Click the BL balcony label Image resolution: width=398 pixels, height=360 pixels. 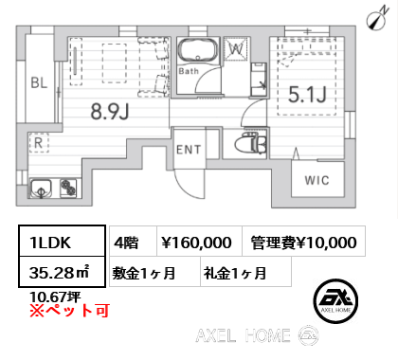(x=39, y=82)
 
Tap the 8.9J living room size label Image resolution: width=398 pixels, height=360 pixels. (x=110, y=112)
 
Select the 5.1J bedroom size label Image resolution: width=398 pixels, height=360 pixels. (x=307, y=95)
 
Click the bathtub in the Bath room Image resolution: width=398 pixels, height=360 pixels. (x=198, y=50)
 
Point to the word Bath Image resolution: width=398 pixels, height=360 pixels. (x=189, y=71)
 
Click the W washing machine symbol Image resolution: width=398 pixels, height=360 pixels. (x=236, y=48)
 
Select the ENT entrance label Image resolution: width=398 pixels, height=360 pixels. (x=189, y=150)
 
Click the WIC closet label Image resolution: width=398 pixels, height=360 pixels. (x=317, y=180)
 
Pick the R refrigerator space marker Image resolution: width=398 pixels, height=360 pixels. (x=39, y=143)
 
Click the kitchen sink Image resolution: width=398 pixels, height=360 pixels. (x=41, y=189)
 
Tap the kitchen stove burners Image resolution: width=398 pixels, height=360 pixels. (x=68, y=189)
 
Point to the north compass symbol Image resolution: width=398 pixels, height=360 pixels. (x=376, y=19)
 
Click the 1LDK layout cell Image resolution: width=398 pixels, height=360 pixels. (x=62, y=241)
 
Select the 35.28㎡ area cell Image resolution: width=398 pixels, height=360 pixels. (x=62, y=272)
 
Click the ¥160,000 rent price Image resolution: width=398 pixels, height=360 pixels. (x=196, y=243)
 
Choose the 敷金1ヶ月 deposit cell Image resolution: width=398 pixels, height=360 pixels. (x=154, y=272)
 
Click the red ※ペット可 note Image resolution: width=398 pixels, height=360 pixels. (x=69, y=310)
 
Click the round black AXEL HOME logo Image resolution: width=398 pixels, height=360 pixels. (x=335, y=301)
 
